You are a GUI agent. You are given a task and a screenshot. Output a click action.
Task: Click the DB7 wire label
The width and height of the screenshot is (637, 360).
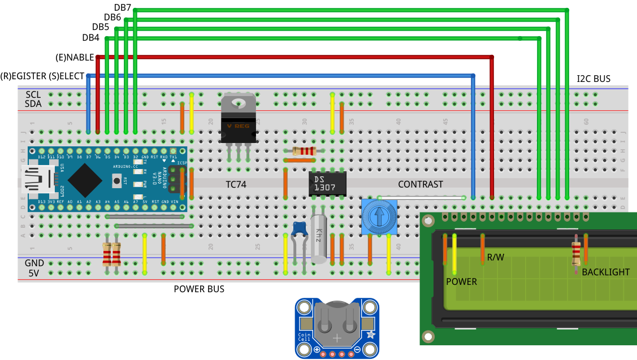[123, 7]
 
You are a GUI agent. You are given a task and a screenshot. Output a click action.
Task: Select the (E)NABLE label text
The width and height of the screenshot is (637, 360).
[74, 57]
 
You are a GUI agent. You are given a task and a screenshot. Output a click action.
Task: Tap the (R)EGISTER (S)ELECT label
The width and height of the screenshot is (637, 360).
[42, 76]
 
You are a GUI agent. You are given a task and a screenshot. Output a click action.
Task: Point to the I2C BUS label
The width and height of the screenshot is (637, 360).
[593, 79]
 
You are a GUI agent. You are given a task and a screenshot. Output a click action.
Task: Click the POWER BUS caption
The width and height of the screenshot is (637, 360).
[198, 289]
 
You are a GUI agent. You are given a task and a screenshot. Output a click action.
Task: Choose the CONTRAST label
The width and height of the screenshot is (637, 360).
[420, 184]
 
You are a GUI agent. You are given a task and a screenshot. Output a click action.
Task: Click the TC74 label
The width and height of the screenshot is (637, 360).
[236, 184]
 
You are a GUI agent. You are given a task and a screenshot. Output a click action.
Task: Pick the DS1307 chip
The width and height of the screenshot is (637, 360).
[327, 183]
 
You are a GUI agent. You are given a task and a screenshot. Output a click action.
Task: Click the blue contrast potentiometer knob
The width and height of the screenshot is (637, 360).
[379, 216]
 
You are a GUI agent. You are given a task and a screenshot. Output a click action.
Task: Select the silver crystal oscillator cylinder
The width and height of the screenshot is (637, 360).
[319, 238]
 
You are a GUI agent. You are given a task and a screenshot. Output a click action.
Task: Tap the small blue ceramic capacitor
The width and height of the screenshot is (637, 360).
[300, 228]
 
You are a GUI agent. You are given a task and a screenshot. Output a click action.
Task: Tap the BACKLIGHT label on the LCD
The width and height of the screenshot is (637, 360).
[605, 272]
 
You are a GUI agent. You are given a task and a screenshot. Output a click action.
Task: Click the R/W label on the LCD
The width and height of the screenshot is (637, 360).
[495, 258]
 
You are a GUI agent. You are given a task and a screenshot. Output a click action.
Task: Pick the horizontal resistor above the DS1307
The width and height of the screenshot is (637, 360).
[304, 151]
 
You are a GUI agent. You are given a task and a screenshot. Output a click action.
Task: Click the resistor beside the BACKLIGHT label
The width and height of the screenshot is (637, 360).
[575, 253]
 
